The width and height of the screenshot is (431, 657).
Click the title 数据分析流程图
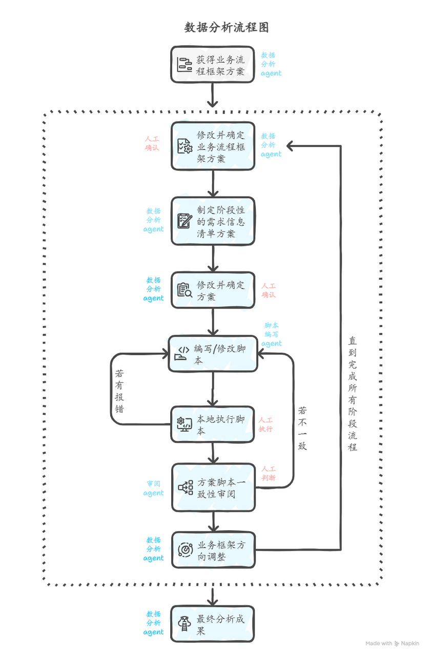click(x=226, y=28)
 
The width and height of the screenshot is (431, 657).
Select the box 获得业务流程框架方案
click(x=212, y=64)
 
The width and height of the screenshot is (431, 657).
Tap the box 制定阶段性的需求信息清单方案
click(x=212, y=221)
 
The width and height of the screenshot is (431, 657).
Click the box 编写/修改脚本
click(x=213, y=354)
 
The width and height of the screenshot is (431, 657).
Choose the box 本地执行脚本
click(x=212, y=424)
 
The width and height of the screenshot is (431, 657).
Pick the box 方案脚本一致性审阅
click(x=213, y=487)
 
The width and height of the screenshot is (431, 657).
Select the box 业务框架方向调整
click(x=213, y=550)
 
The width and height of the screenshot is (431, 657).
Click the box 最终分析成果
click(x=212, y=624)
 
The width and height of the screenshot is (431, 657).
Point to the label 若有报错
click(x=119, y=392)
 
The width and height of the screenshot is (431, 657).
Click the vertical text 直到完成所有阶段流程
click(x=353, y=393)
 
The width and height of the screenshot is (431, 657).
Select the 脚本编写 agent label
click(x=272, y=335)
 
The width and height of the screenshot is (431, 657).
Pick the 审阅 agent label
click(x=154, y=488)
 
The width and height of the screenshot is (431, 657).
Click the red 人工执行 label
click(x=265, y=424)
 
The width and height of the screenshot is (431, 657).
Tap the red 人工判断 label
click(x=269, y=473)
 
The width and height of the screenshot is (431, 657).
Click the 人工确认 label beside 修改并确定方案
click(x=269, y=291)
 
